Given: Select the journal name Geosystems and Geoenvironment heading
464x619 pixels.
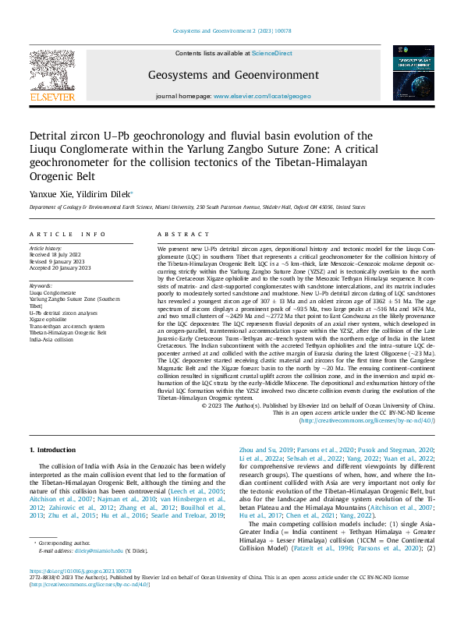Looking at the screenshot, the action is point(233,76).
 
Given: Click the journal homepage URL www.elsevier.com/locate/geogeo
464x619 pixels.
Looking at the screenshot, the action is point(257,97).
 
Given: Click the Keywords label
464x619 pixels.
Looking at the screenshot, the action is point(41,285).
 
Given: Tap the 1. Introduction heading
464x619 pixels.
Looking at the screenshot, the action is point(53,451).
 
